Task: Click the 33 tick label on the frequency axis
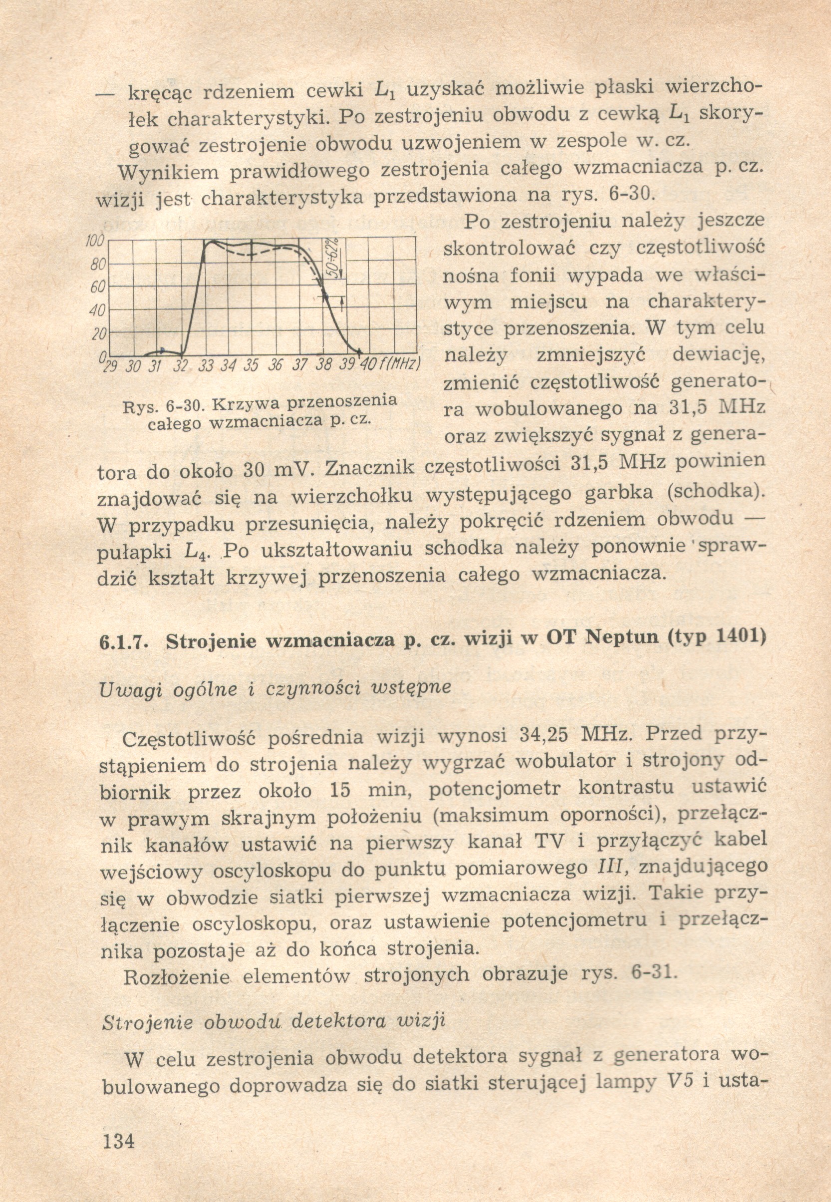206,365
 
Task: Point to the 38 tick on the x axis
323,364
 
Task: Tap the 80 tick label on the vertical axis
97,265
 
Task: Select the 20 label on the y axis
98,334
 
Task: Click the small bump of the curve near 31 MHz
162,350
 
